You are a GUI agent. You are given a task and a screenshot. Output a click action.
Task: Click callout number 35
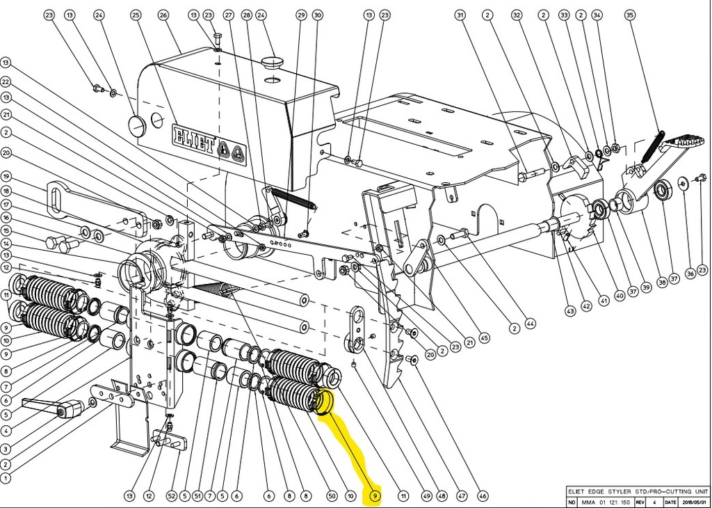coord(630,15)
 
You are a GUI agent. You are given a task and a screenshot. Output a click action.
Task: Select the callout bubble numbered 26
coord(163,15)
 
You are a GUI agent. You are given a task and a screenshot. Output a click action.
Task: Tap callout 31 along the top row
coord(460,15)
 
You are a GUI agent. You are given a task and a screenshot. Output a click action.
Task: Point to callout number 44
coord(531,324)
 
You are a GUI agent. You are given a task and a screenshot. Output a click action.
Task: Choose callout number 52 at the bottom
coord(171,495)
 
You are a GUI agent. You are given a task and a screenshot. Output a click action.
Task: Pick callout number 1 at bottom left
coord(6,478)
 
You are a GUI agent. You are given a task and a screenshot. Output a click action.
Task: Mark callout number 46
coord(483,495)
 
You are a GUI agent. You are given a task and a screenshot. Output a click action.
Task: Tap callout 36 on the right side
coord(690,273)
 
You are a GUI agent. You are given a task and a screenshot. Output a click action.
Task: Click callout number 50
coord(332,495)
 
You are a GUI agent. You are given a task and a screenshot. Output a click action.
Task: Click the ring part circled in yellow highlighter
coord(324,402)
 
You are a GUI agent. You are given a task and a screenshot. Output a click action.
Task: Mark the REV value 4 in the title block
coord(653,502)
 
